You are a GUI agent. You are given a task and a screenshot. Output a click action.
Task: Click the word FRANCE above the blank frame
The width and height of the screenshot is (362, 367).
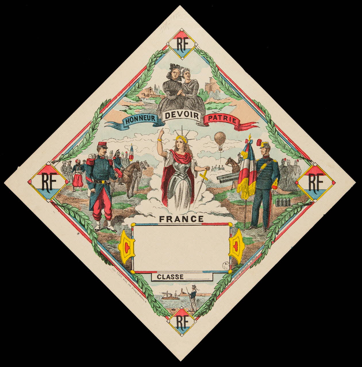(x=181, y=219)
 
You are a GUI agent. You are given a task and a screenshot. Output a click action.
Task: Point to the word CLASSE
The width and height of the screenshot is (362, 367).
(x=170, y=277)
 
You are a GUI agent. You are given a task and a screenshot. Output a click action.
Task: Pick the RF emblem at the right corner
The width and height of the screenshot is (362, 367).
(x=315, y=182)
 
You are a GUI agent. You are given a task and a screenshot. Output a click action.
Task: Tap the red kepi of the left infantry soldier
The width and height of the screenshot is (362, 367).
(x=103, y=145)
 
